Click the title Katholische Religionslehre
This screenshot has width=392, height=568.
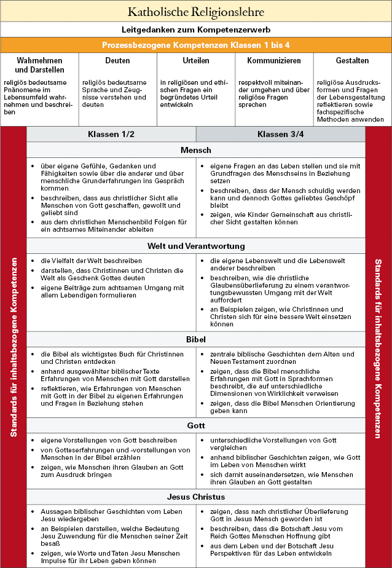[x=196, y=12]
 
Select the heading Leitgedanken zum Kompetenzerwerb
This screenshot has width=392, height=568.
[x=196, y=29]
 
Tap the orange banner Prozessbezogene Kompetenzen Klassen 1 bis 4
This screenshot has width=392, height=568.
[x=196, y=45]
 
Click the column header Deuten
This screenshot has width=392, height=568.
[x=117, y=61]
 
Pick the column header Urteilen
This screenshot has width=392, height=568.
[x=196, y=61]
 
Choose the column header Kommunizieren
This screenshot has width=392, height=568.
[x=274, y=61]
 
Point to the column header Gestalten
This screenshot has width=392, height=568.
[x=352, y=61]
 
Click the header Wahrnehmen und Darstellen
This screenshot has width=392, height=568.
[x=40, y=65]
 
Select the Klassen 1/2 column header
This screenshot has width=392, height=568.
[x=111, y=135]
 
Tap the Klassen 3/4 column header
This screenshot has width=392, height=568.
[x=280, y=135]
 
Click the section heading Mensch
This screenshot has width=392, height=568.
[x=196, y=151]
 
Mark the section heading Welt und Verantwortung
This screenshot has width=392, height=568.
[x=196, y=246]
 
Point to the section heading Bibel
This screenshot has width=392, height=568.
[x=196, y=340]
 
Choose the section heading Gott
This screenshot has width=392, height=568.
[x=196, y=426]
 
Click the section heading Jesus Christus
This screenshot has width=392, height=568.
[x=196, y=497]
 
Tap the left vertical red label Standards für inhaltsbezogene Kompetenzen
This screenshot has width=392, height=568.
[x=14, y=347]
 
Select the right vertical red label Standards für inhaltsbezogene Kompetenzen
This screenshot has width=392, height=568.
[x=378, y=347]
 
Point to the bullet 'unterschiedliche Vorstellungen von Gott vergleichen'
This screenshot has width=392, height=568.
[x=273, y=444]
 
